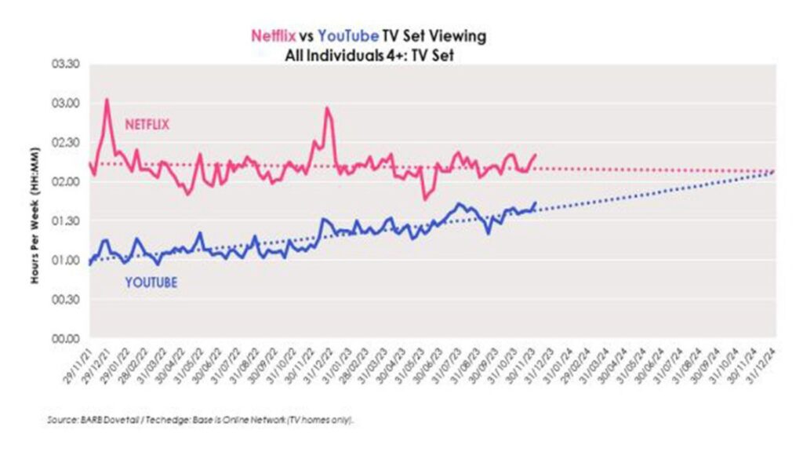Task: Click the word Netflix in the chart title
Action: pos(272,36)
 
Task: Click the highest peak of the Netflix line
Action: pos(107,100)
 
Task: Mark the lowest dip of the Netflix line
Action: pos(425,199)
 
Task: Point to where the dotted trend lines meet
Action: pos(772,171)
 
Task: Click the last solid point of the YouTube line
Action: pos(536,202)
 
